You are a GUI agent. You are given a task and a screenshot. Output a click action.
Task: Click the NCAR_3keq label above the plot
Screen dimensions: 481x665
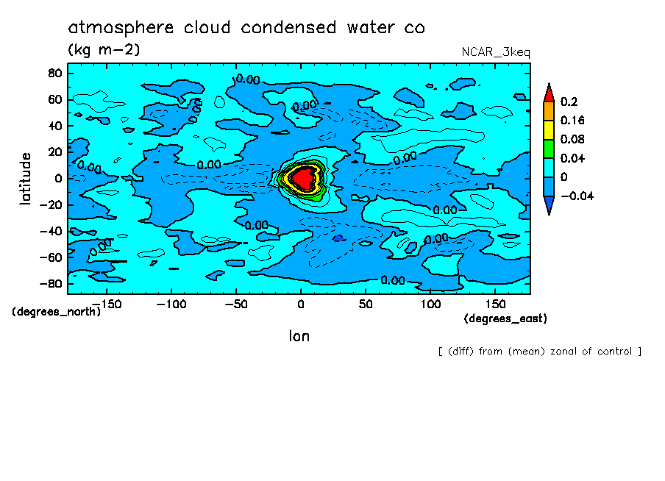495,52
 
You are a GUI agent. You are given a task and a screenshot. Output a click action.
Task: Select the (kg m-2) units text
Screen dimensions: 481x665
104,50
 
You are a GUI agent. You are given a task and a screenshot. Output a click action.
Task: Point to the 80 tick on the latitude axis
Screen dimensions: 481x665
54,73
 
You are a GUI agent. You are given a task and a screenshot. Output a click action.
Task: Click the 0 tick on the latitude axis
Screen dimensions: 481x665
57,178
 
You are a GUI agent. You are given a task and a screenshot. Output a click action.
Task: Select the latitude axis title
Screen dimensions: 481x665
26,178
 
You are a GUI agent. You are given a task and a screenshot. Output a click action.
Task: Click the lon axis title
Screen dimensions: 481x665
299,336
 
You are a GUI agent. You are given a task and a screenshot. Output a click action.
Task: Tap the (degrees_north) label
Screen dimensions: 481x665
56,311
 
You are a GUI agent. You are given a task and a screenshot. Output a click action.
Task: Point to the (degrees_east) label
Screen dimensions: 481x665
505,318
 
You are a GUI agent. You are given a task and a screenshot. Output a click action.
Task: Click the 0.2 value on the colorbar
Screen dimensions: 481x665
568,101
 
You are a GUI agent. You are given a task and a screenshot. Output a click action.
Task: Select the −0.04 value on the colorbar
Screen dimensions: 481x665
576,196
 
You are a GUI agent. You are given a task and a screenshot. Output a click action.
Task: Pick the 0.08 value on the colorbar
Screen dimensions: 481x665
572,139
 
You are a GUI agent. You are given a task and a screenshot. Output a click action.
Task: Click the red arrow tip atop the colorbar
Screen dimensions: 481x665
548,92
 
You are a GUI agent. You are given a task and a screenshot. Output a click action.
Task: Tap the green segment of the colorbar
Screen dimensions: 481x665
548,148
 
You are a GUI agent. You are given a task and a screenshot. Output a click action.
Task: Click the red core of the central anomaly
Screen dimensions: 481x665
302,177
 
